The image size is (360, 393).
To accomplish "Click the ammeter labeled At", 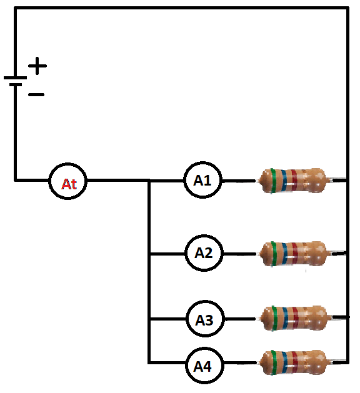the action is (67, 181).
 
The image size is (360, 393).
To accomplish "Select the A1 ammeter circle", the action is (203, 180).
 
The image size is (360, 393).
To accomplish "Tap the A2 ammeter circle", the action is (204, 253).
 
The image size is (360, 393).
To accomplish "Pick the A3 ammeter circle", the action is (205, 319).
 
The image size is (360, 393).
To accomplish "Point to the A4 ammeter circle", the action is (204, 366).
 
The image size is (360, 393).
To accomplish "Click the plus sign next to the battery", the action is (37, 66).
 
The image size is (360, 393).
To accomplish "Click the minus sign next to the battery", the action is (36, 94).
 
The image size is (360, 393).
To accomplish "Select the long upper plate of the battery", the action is (15, 77).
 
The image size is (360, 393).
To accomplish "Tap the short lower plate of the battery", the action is (16, 85).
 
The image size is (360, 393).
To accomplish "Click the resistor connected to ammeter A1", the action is (294, 181).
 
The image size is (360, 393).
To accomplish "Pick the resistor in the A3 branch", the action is (294, 318).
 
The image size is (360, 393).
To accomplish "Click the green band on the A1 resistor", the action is (273, 181).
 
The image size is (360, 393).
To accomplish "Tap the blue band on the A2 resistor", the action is (284, 254).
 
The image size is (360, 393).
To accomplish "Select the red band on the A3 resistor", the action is (296, 318).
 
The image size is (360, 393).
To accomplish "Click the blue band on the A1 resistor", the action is (284, 181).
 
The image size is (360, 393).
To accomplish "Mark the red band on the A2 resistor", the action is (295, 254).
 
